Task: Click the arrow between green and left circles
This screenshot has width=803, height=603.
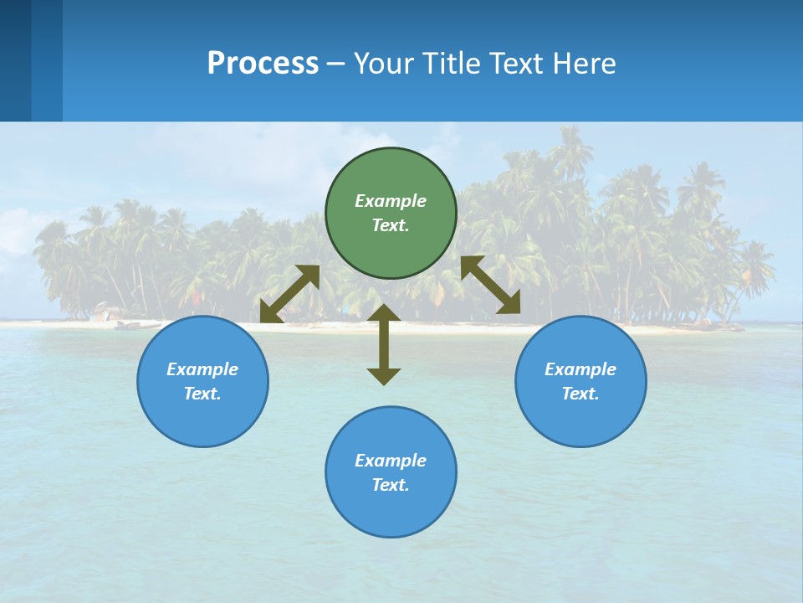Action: tap(289, 294)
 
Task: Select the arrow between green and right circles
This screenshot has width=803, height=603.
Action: tap(491, 285)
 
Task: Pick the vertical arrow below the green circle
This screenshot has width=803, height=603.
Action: tap(384, 344)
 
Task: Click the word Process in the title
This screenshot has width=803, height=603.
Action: tap(263, 63)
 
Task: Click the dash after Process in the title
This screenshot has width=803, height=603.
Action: tap(335, 64)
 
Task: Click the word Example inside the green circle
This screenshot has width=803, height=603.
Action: tap(391, 201)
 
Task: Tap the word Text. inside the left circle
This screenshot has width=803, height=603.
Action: tap(202, 394)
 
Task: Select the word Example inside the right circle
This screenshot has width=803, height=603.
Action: tap(581, 369)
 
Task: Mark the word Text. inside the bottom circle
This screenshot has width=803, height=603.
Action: tap(391, 485)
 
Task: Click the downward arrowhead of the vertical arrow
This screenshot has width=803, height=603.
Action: tap(384, 376)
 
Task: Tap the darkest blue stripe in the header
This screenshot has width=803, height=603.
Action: tap(15, 60)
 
